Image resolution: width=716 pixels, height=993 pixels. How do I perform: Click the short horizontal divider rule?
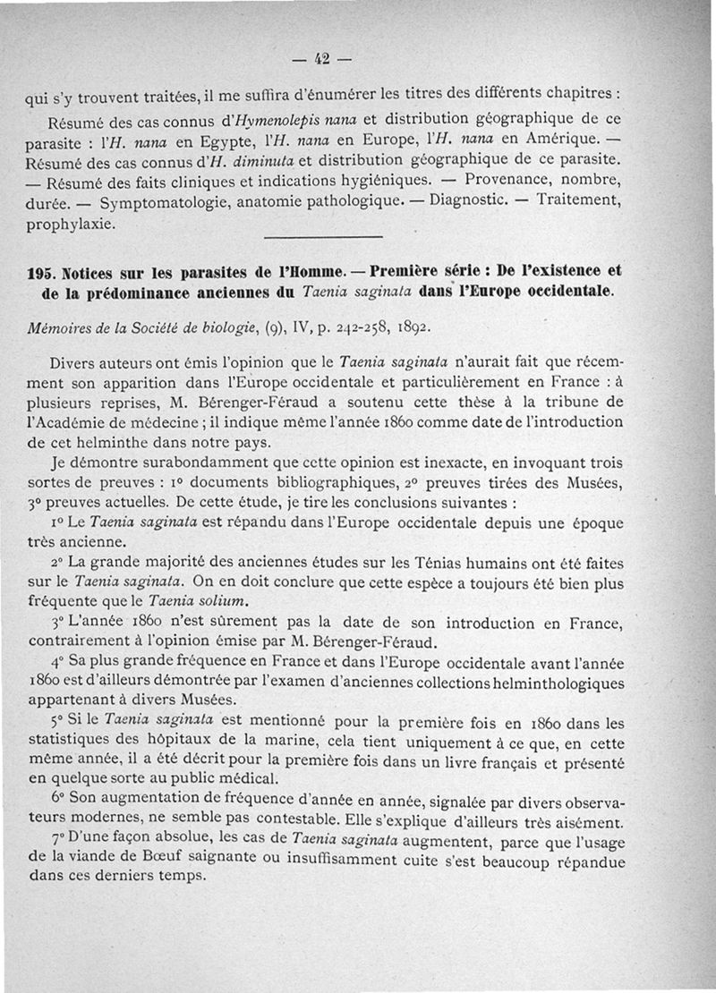pos(324,235)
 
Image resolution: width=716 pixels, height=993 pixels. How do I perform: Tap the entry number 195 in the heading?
pos(45,271)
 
